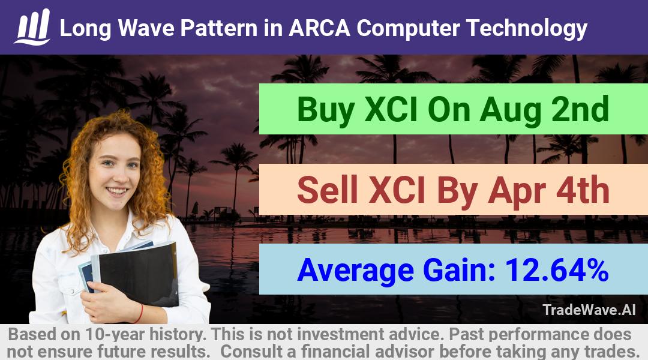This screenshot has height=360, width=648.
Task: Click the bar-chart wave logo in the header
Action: click(x=32, y=26)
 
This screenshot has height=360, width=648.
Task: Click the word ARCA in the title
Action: click(x=319, y=28)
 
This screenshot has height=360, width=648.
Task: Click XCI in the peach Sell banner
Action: click(x=397, y=190)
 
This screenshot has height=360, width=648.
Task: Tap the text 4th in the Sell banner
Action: click(x=583, y=190)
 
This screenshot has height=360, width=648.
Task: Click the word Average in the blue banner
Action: click(x=355, y=271)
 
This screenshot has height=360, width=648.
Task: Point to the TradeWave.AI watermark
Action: click(x=589, y=310)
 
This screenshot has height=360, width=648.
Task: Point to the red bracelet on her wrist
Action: click(x=139, y=314)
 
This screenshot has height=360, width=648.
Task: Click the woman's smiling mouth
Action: click(x=116, y=191)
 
